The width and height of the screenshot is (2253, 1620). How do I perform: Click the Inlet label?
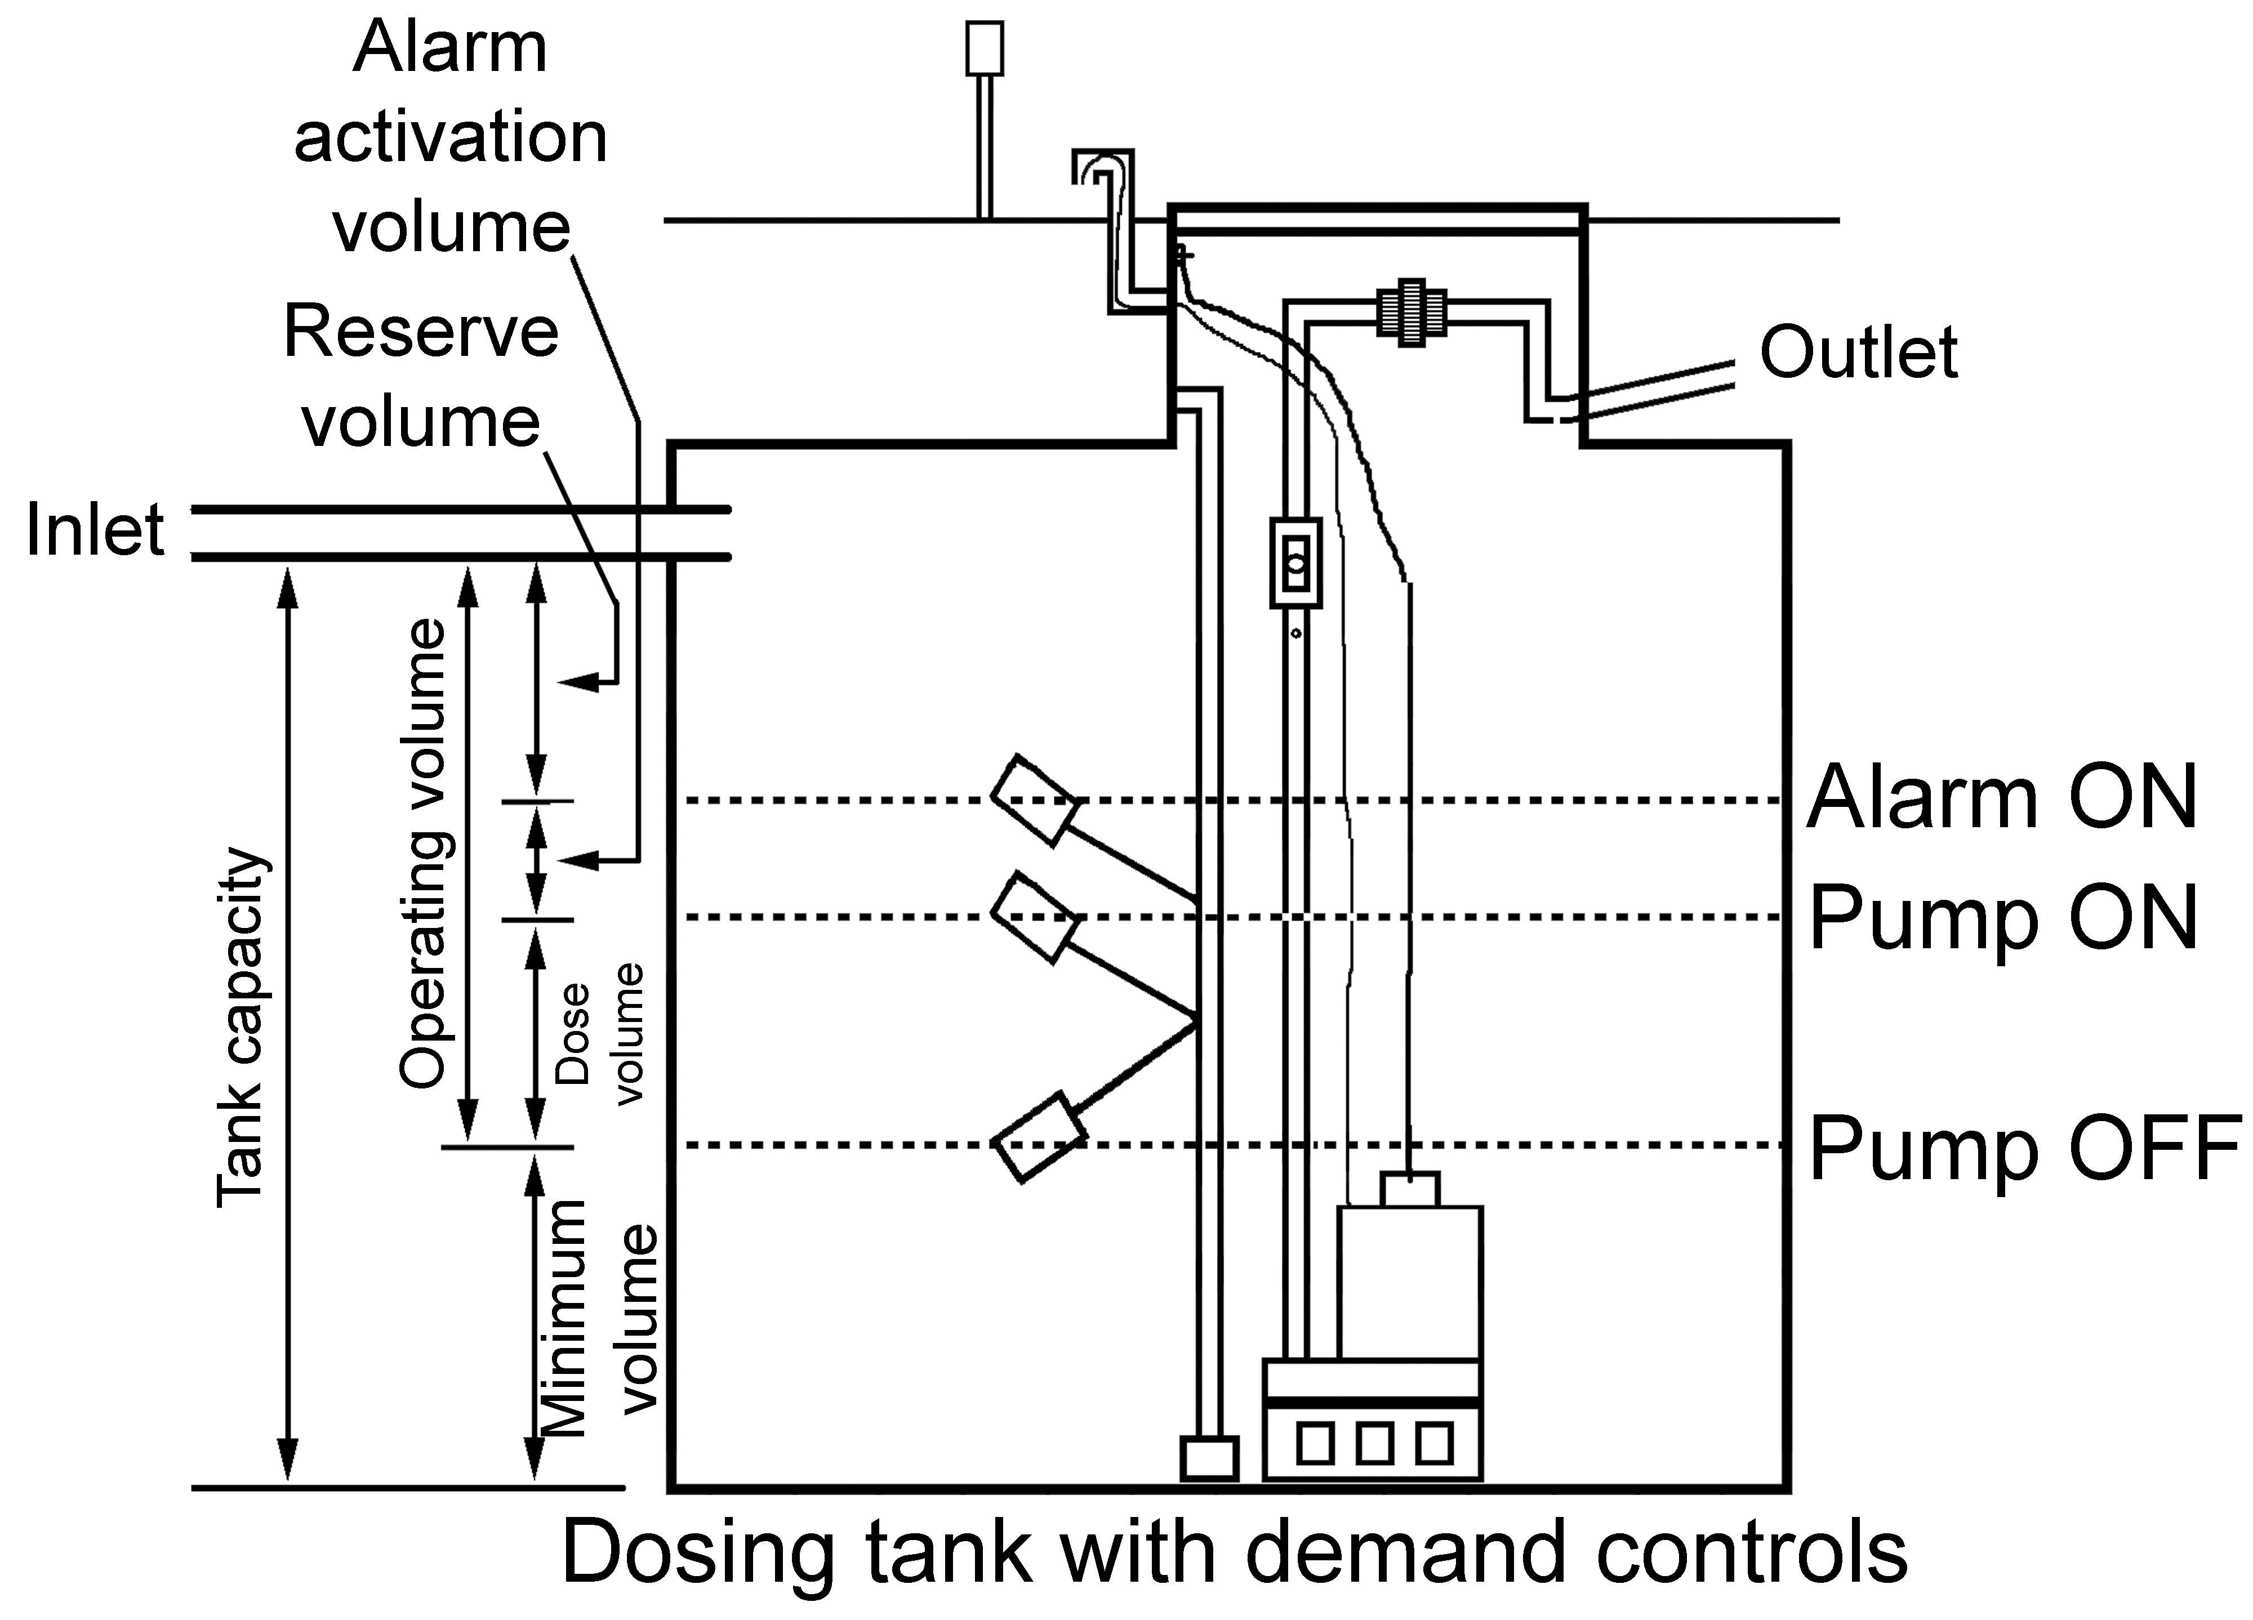pos(95,530)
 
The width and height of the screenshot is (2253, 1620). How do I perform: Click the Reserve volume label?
pos(421,376)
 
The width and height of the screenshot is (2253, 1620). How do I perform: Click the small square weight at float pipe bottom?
pos(1209,1458)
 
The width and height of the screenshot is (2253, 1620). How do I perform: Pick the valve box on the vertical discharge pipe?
pos(1295,562)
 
